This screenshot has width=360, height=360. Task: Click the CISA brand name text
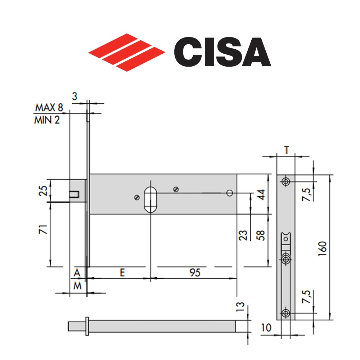222,51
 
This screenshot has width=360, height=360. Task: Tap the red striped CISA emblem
127,52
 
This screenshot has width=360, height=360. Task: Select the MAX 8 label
49,107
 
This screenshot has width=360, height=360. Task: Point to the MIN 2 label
47,120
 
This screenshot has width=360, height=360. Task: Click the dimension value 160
322,249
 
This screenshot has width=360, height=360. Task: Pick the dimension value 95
195,273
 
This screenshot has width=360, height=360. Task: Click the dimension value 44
261,195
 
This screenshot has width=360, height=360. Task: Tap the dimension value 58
261,235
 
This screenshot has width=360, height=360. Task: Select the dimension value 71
43,229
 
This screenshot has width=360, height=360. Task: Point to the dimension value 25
43,190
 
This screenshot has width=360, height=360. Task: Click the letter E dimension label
122,273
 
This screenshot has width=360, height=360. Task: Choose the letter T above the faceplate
286,150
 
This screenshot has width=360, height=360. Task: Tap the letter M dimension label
78,286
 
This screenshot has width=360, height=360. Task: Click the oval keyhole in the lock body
150,200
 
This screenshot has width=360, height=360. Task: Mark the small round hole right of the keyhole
230,193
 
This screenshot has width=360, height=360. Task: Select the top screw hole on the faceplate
286,181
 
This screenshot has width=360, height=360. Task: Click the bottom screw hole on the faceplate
286,313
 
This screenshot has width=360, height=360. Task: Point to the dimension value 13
240,306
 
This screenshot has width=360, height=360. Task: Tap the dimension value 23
243,235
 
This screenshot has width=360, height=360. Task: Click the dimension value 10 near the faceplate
266,328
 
